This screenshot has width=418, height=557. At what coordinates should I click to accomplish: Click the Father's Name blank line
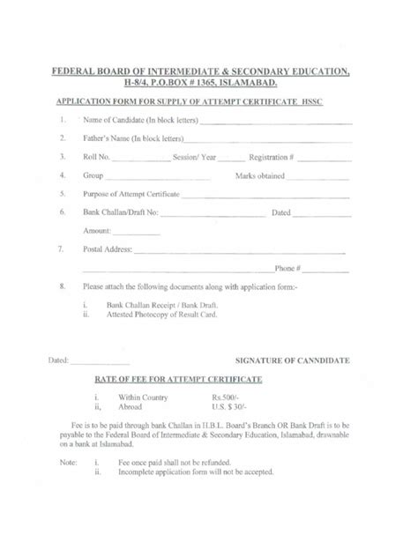click(270, 138)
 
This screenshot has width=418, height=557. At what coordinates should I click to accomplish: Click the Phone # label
click(288, 267)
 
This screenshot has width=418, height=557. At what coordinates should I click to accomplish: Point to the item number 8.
click(61, 286)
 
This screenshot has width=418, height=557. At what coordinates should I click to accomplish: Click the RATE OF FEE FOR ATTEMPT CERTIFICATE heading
click(177, 378)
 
